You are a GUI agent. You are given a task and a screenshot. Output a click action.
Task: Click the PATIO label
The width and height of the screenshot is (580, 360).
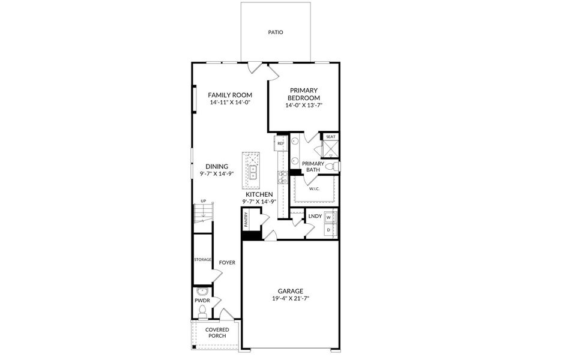pyautogui.click(x=276, y=32)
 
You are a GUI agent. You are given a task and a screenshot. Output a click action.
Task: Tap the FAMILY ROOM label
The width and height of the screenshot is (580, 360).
pyautogui.click(x=230, y=95)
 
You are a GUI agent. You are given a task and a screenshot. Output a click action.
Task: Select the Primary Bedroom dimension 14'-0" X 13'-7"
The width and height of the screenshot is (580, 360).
pyautogui.click(x=304, y=106)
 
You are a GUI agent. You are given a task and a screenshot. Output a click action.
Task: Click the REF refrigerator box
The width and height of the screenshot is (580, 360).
pyautogui.click(x=280, y=143)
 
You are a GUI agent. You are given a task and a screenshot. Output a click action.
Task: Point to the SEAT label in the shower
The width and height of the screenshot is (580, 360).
pyautogui.click(x=331, y=137)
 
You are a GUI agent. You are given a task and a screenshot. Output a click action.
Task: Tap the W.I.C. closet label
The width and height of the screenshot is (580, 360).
pyautogui.click(x=315, y=189)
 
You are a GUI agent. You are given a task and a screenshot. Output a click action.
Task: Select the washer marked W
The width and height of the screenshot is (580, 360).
pyautogui.click(x=328, y=217)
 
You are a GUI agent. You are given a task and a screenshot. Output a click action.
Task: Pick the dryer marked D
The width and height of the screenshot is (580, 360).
pyautogui.click(x=328, y=230)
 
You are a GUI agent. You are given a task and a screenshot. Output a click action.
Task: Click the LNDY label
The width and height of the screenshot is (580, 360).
pyautogui.click(x=315, y=216)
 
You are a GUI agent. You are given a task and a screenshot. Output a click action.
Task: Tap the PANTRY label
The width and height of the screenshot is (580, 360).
pyautogui.click(x=246, y=220)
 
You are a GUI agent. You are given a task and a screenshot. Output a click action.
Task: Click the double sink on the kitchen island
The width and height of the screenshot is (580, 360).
pyautogui.click(x=253, y=172)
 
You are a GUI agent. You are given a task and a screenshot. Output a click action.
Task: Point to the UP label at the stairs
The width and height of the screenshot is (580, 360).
pyautogui.click(x=203, y=201)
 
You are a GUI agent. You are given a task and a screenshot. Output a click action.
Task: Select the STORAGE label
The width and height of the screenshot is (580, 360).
pyautogui.click(x=203, y=260)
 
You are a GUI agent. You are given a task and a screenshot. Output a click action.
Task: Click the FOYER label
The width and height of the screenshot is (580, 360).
pyautogui.click(x=227, y=263)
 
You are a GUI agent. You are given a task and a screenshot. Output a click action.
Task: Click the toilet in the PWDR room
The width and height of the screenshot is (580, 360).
pyautogui.click(x=202, y=311)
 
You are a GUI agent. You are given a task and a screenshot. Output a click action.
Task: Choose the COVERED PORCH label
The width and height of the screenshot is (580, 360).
pyautogui.click(x=217, y=332)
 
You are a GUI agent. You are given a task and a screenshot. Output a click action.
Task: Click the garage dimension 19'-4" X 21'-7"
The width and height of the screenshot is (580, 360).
pyautogui.click(x=291, y=298)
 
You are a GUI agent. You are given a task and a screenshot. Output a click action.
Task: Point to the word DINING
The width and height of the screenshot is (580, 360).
pyautogui.click(x=217, y=167)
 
